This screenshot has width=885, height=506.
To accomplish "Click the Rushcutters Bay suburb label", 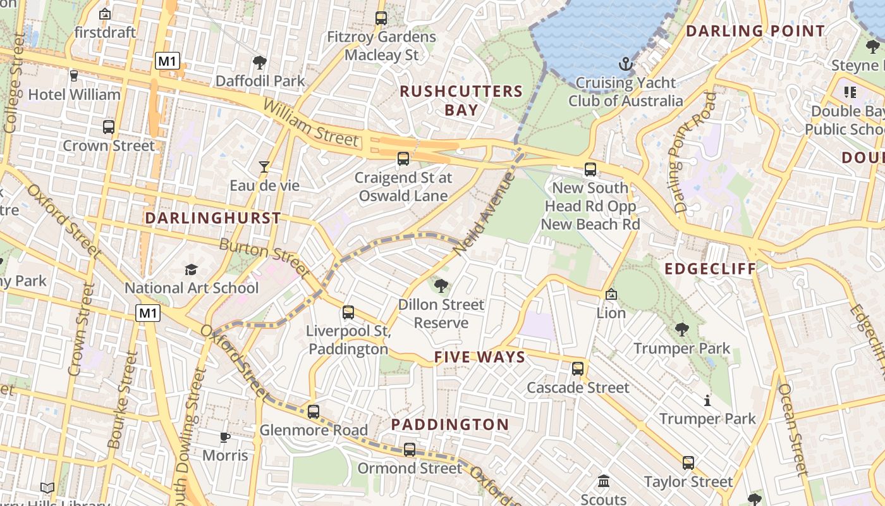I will coord(461,101).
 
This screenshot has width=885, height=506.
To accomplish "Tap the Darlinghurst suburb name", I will coord(213,218).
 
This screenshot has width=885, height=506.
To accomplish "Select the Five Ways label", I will coord(480,357).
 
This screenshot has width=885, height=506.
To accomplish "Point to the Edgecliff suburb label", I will coord(710,269).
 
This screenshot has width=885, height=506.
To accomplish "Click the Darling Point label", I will coord(755,31).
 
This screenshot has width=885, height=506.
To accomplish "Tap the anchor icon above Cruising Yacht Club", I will coord(625,64).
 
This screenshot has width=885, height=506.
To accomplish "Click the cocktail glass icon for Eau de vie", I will coord(264,167).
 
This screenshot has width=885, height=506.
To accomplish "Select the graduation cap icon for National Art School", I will coord(191,270).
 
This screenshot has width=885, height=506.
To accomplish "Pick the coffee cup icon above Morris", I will coord(225,437).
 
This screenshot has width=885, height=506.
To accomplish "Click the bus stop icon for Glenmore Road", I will coord(314,412).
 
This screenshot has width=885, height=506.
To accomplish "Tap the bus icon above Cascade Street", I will coord(578,369).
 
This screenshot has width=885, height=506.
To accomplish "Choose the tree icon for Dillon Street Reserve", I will coord(441,286).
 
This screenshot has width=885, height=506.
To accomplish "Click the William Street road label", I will coord(310,123).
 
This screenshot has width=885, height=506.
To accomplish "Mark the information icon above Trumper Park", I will coord(707,400).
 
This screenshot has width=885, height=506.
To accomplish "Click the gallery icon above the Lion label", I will coord(611,295).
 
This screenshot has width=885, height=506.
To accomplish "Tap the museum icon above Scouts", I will coord(603,481).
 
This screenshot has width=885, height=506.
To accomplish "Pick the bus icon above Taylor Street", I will coord(688,463).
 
